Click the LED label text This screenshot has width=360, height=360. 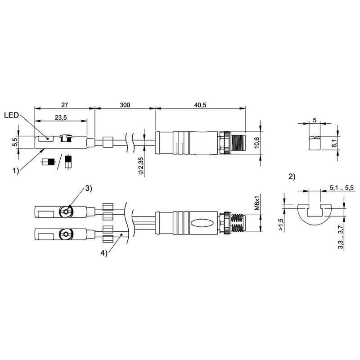pos(11,115)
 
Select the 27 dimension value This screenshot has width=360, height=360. pos(65,105)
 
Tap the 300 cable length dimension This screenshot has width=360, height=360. pos(125,105)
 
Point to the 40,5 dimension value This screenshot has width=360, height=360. pos(200,105)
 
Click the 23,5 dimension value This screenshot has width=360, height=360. pos(61,117)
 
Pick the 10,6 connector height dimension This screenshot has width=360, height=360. pos(256,143)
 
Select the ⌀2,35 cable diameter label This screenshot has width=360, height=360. pos(141,166)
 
